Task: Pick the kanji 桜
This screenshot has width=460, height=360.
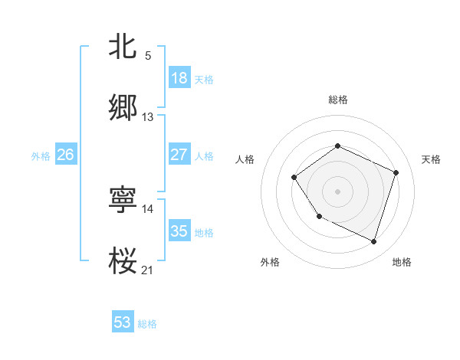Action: click(x=123, y=260)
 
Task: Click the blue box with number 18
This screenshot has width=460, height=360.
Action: click(x=179, y=78)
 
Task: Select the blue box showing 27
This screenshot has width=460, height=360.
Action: click(x=179, y=155)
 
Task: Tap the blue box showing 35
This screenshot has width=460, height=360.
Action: click(x=179, y=231)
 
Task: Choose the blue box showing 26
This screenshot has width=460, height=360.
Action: click(x=65, y=155)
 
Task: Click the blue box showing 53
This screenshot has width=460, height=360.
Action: click(x=123, y=322)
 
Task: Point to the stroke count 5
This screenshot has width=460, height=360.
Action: click(x=148, y=56)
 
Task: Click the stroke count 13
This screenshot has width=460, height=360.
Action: click(x=148, y=117)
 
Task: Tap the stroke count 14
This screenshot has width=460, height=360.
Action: click(x=148, y=208)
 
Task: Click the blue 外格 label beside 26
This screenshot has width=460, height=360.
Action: click(x=41, y=155)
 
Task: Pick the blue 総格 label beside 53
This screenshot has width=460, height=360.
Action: click(x=147, y=324)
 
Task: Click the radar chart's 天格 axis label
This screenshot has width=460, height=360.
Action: click(x=432, y=159)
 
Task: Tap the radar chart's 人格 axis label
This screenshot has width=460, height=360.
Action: click(x=245, y=159)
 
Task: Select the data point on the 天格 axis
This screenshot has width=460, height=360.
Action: click(x=396, y=172)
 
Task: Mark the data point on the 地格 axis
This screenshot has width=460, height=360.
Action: click(x=374, y=242)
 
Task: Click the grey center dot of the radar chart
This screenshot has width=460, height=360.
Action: click(x=337, y=191)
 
